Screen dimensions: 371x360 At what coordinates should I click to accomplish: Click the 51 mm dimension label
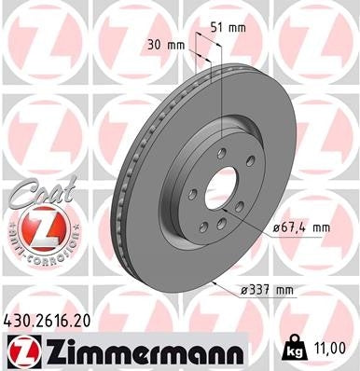[x=230, y=27]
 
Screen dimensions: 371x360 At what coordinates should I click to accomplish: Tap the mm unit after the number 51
[x=238, y=27]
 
